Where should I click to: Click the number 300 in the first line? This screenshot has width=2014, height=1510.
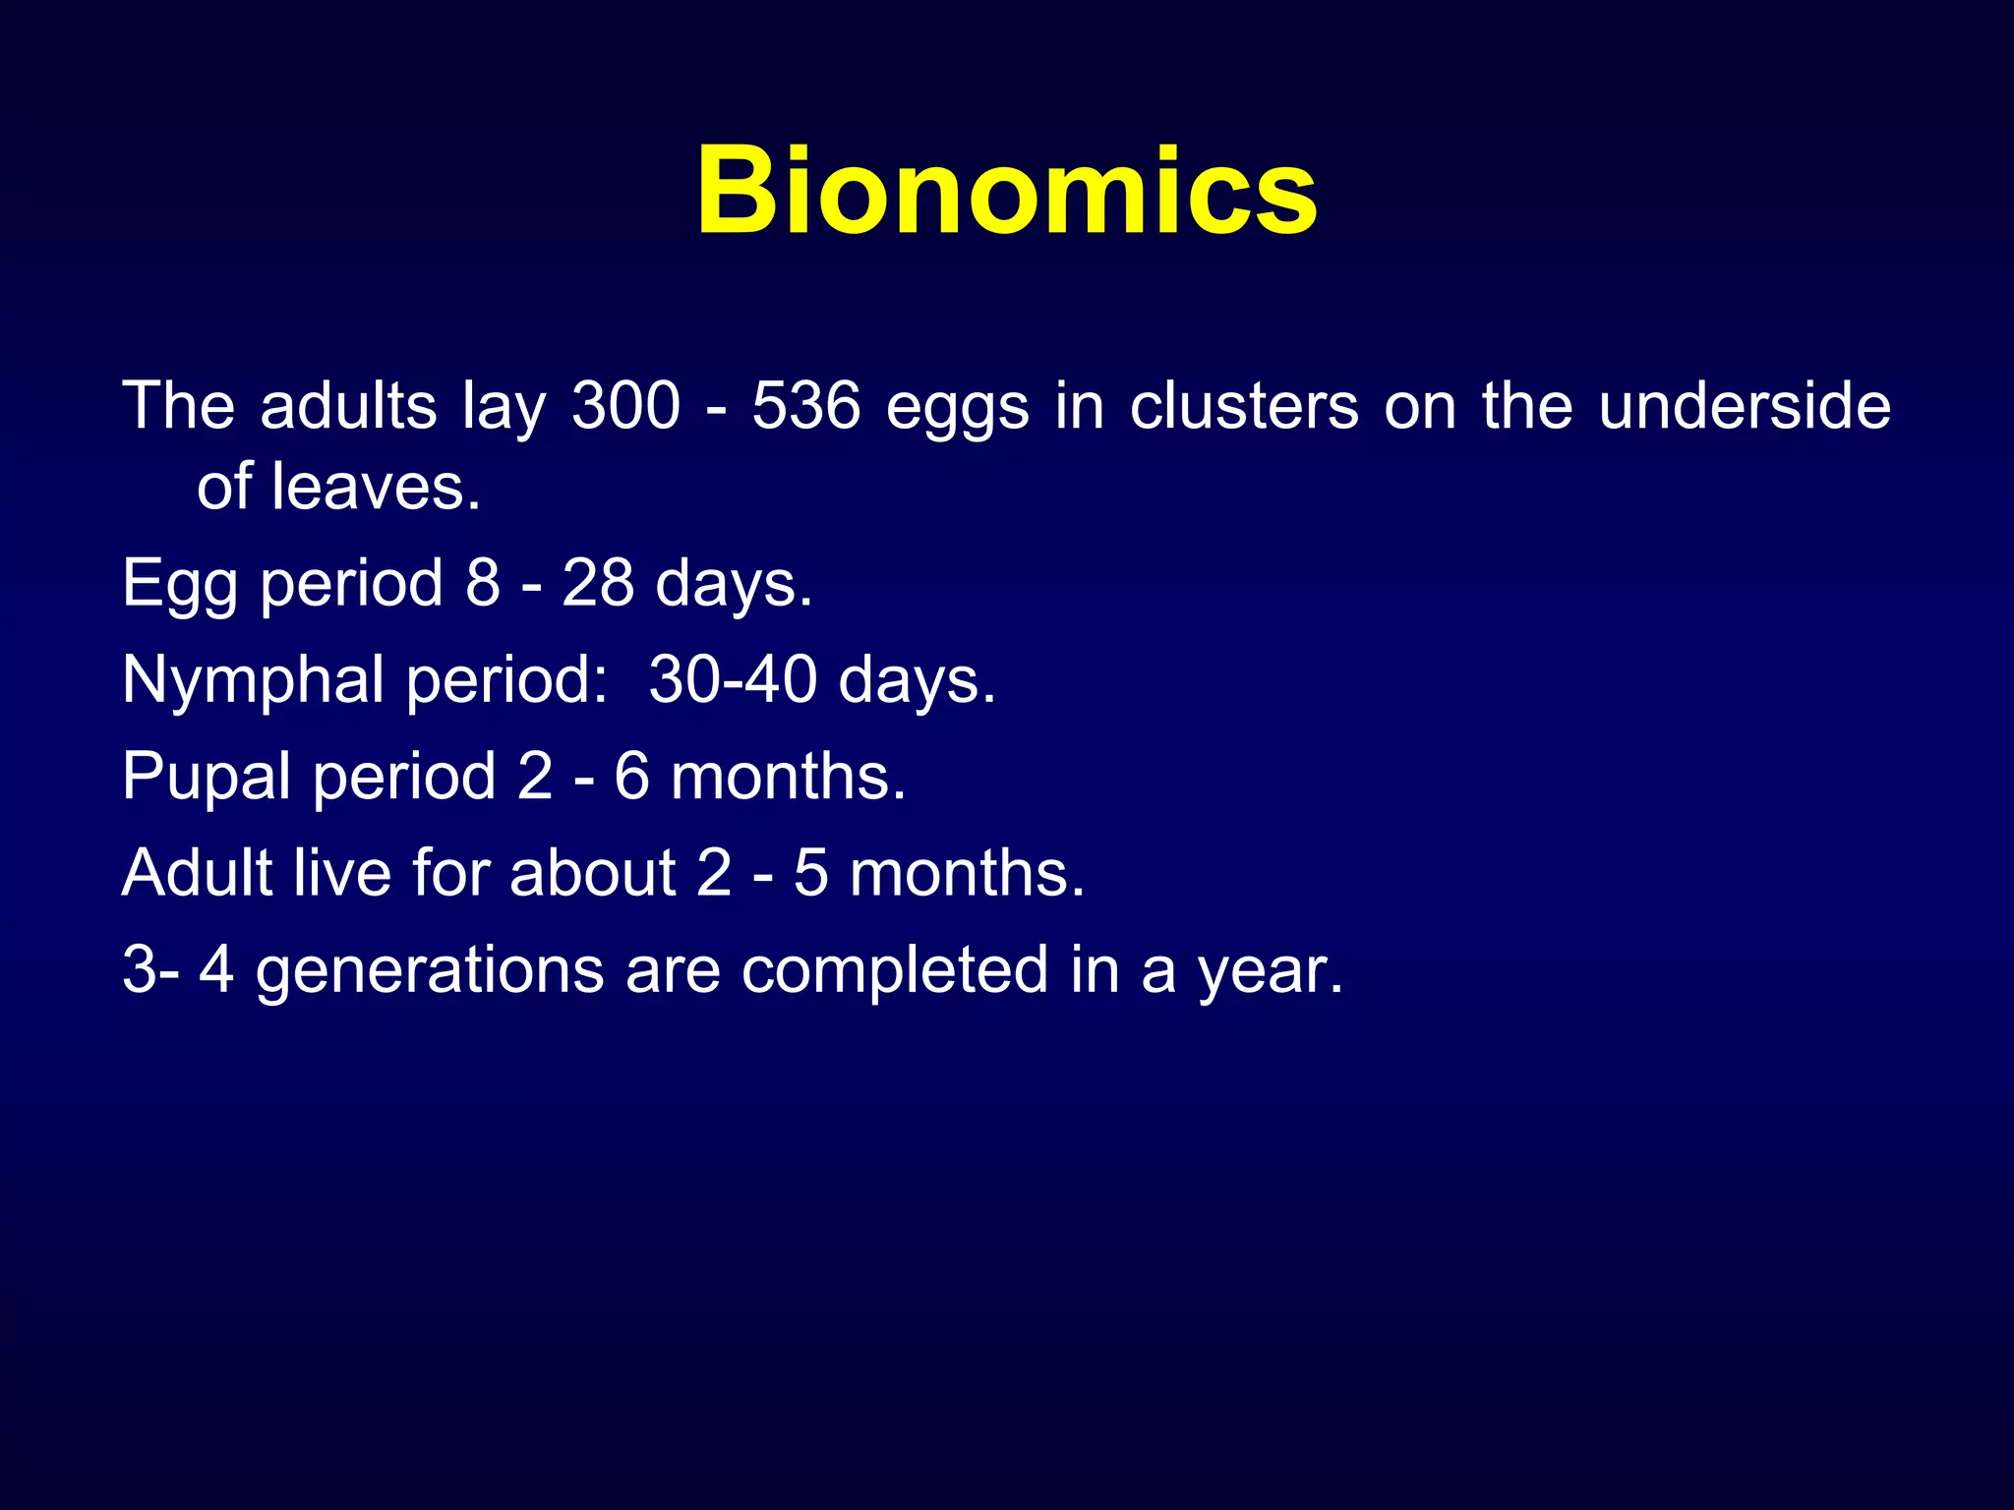coord(626,405)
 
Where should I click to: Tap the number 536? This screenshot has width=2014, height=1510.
coord(806,405)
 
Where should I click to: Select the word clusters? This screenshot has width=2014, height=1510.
coord(1244,405)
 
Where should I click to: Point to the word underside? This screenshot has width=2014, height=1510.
coord(1745,405)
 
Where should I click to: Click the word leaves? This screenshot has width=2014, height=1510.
coord(375,487)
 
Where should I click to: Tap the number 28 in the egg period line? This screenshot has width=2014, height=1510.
coord(598,582)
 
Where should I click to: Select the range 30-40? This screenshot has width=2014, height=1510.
coord(733,679)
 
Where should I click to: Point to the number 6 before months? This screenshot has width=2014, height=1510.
coord(631,776)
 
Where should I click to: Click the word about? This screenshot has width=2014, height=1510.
coord(592,872)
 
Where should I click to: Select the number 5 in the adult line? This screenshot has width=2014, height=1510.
coord(811,872)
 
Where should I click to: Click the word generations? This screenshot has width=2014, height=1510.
coord(430,970)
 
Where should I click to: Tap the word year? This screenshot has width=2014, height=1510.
coord(1269,970)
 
